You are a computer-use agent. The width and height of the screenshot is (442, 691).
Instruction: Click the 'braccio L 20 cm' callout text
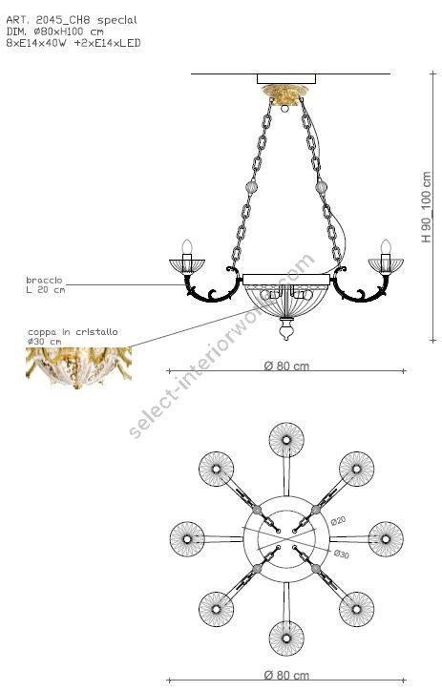click(x=46, y=284)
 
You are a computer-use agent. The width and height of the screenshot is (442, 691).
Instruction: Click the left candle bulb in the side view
click(x=188, y=248)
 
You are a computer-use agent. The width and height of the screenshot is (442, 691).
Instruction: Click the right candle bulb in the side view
click(x=386, y=248)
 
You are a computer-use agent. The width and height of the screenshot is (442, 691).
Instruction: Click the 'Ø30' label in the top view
click(x=341, y=554)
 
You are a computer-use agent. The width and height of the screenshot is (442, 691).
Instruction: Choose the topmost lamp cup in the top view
click(x=286, y=440)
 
